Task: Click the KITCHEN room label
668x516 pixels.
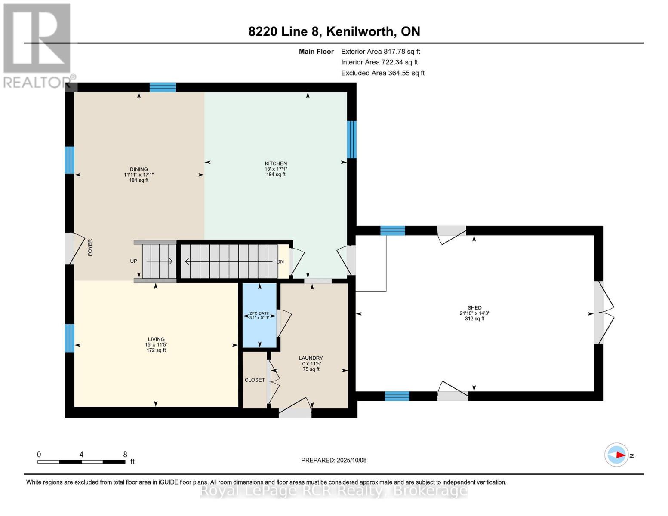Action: (x=276, y=163)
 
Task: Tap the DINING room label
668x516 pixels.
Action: (x=139, y=169)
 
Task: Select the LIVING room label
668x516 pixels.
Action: (x=156, y=339)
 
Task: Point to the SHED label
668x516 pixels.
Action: (x=474, y=308)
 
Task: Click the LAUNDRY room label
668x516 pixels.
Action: (x=311, y=358)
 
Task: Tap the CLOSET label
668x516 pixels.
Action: (x=255, y=380)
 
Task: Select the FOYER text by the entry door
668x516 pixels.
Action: (x=90, y=248)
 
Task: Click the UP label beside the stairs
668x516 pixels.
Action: (x=134, y=261)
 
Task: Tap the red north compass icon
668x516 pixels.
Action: (x=617, y=455)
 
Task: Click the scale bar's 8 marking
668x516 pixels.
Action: (x=125, y=455)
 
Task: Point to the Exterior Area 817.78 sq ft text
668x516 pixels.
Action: (x=380, y=52)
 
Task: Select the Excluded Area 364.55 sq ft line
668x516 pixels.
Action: (x=383, y=73)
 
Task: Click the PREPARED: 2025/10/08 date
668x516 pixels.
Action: (x=334, y=460)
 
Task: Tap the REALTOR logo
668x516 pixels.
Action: (x=38, y=45)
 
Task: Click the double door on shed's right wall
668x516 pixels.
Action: (x=604, y=313)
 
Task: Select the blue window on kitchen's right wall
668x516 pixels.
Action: (x=351, y=139)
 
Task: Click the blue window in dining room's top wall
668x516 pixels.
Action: (x=163, y=87)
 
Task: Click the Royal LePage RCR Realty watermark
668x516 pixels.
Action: (x=334, y=491)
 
